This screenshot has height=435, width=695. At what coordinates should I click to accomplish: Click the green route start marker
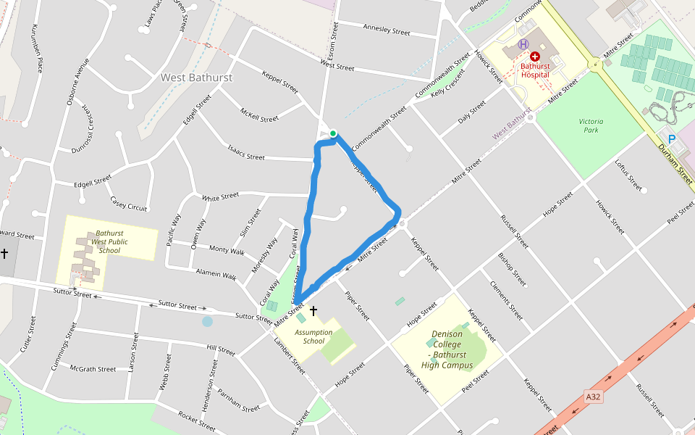pyautogui.click(x=333, y=133)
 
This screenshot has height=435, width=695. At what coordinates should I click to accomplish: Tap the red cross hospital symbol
pyautogui.click(x=535, y=56)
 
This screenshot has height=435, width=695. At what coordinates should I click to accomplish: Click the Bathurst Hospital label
pyautogui.click(x=535, y=70)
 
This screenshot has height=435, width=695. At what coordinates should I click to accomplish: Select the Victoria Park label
pyautogui.click(x=591, y=125)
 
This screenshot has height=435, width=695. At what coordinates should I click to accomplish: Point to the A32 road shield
pyautogui.click(x=594, y=397)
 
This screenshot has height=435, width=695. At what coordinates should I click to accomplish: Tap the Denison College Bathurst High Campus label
pyautogui.click(x=447, y=349)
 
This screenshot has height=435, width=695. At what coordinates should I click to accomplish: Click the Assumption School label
pyautogui.click(x=313, y=337)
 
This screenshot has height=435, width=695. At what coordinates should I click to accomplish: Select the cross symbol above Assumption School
pyautogui.click(x=313, y=311)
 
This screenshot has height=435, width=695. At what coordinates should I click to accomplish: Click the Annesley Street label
pyautogui.click(x=386, y=30)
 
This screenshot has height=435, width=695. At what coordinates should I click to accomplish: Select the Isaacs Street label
pyautogui.click(x=247, y=154)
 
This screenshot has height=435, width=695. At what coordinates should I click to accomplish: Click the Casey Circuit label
pyautogui.click(x=129, y=204)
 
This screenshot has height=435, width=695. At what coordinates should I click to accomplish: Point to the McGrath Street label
pyautogui.click(x=93, y=369)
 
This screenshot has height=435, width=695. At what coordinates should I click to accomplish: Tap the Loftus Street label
pyautogui.click(x=628, y=175)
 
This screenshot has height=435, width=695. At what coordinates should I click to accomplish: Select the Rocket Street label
pyautogui.click(x=197, y=418)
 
